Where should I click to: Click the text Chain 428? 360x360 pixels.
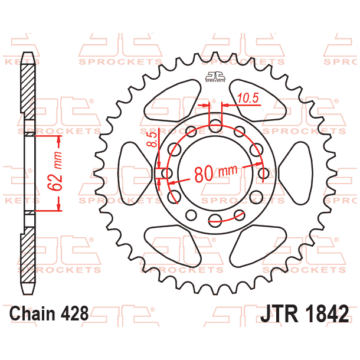click(x=50, y=313)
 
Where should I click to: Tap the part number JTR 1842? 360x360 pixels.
click(x=303, y=313)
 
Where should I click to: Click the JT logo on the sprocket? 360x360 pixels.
click(x=215, y=76)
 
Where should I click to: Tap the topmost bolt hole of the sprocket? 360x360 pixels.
click(x=215, y=125)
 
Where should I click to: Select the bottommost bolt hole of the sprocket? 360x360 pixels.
click(x=215, y=221)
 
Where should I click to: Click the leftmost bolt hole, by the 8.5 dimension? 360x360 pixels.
click(x=168, y=173)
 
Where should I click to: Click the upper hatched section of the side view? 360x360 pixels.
click(x=28, y=89)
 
